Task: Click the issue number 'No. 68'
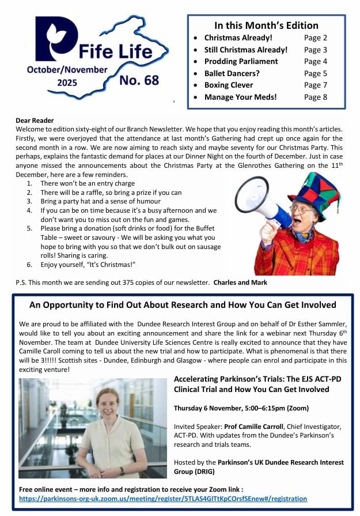(x=139, y=80)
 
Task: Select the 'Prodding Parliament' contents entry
(x=241, y=62)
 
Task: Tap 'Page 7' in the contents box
(x=316, y=85)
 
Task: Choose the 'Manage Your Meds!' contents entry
(x=240, y=97)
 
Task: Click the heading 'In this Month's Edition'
(x=266, y=25)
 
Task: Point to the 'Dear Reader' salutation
(x=35, y=120)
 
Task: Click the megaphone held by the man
(x=257, y=199)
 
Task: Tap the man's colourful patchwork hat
(x=313, y=188)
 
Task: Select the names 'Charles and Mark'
(x=240, y=283)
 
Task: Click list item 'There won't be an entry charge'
(x=87, y=183)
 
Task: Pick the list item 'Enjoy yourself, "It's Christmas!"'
(x=92, y=265)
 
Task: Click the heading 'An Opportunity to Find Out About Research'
(x=183, y=305)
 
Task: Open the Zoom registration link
(x=163, y=499)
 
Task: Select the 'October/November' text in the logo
(x=67, y=70)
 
